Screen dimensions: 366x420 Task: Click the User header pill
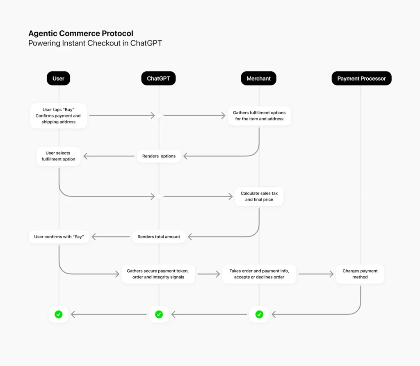(58, 79)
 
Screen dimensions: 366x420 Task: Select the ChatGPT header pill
(158, 79)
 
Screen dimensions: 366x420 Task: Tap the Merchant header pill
(258, 79)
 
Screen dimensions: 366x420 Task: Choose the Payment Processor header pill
(361, 79)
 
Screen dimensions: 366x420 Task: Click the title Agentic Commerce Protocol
(81, 34)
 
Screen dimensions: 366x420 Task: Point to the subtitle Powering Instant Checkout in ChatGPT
(95, 43)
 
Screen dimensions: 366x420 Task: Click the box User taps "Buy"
(59, 116)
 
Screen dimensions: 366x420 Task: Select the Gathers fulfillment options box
(259, 116)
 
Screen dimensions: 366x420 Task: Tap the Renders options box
(159, 156)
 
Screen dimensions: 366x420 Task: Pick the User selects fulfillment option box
(58, 156)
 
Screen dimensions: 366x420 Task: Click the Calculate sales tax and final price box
(259, 197)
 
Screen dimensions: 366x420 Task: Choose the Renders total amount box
(159, 237)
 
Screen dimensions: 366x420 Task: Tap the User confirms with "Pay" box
(59, 237)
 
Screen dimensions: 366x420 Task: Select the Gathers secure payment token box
(158, 274)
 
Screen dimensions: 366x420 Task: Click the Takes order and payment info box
(259, 274)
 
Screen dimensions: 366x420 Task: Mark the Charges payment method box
(360, 274)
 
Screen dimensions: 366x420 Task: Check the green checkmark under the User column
(59, 314)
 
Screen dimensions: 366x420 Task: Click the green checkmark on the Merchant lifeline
(259, 314)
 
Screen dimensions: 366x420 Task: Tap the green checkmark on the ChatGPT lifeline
(159, 314)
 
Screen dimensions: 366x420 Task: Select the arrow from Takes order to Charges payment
(316, 274)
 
